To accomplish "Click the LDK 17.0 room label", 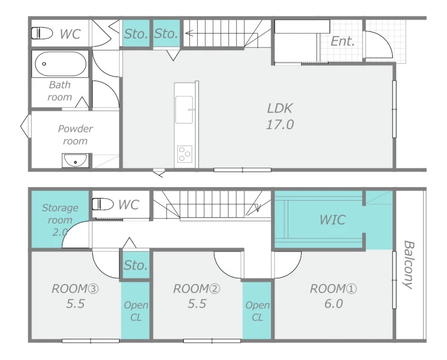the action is click(x=280, y=116).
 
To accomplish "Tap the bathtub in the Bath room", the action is click(x=60, y=64).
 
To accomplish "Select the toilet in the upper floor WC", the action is click(x=42, y=33).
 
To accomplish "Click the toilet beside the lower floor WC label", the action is click(x=103, y=204).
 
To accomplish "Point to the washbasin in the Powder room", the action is click(x=75, y=160).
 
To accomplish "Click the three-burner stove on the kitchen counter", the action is click(x=184, y=154).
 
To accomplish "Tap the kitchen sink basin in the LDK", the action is click(x=184, y=110).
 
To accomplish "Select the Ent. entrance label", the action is click(x=343, y=42).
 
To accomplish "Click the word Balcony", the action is click(x=408, y=265).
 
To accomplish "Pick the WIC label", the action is click(x=332, y=220).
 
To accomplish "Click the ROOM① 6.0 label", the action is click(x=333, y=296).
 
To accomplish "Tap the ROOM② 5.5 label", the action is click(x=197, y=296).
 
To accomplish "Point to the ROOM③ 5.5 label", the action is click(x=75, y=296).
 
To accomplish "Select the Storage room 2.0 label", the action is click(x=60, y=220).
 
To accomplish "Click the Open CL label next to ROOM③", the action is click(x=136, y=311).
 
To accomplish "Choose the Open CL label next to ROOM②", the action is click(x=258, y=311).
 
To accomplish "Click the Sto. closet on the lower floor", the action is click(x=136, y=266).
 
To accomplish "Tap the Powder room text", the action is click(x=75, y=135).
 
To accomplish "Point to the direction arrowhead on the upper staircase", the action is click(x=188, y=34).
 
